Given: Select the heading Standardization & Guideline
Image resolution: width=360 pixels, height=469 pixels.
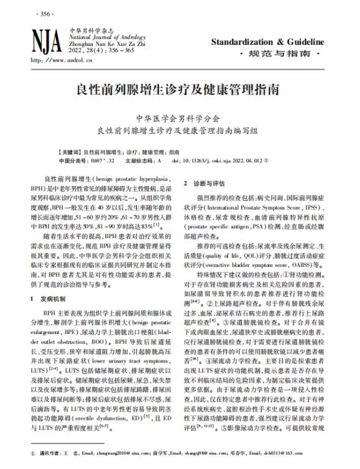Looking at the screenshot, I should pyautogui.click(x=268, y=42).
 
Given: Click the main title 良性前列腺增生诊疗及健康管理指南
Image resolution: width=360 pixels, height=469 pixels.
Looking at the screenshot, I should pyautogui.click(x=180, y=88).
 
